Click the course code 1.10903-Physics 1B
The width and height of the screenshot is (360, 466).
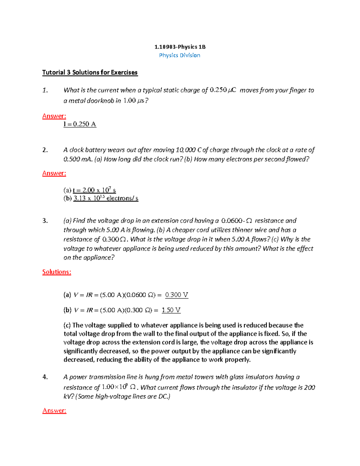point(180,47)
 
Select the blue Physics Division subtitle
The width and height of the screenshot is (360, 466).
point(179,55)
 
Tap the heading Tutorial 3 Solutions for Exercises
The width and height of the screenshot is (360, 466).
point(90,72)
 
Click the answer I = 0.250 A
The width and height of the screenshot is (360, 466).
point(79,124)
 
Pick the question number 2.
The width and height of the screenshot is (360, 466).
point(45,150)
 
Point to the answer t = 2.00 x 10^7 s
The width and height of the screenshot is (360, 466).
point(94,190)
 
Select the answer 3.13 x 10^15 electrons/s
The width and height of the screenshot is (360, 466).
point(106,198)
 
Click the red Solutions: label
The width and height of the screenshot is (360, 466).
point(57,272)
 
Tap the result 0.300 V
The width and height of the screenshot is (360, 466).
point(177,295)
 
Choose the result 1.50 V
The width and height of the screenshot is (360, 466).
point(171,310)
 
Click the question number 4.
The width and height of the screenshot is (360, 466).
point(45,377)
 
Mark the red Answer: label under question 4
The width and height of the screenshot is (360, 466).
point(54,410)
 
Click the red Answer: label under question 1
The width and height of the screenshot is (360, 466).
point(54,116)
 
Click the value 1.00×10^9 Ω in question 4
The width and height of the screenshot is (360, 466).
point(119,387)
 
